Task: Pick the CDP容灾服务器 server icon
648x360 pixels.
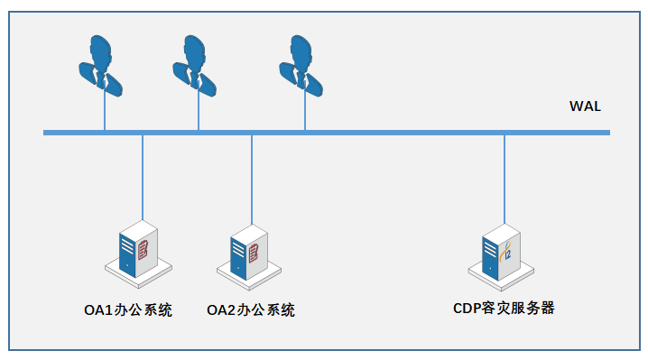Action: pyautogui.click(x=501, y=249)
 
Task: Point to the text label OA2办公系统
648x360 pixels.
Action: pyautogui.click(x=250, y=310)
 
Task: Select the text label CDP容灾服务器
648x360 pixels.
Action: pyautogui.click(x=504, y=308)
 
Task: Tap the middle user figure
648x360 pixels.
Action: pyautogui.click(x=196, y=65)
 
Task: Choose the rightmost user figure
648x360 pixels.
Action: pyautogui.click(x=302, y=65)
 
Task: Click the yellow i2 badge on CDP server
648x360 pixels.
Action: pyautogui.click(x=508, y=252)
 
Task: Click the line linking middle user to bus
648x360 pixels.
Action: pyautogui.click(x=199, y=113)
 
